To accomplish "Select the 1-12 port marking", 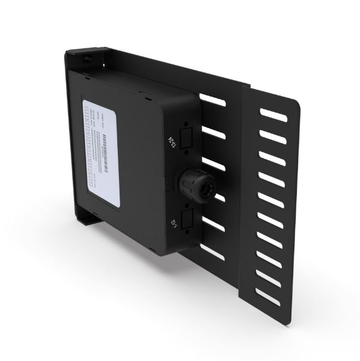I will click(x=174, y=225).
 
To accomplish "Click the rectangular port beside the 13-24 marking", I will click(x=186, y=135).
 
